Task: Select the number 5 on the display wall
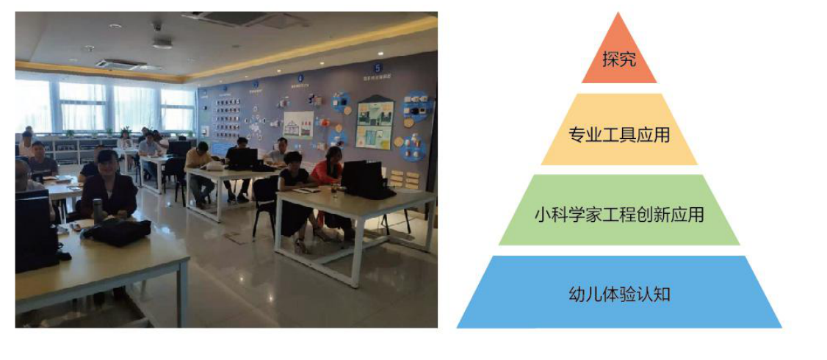[377, 68]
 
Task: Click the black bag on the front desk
[116, 231]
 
